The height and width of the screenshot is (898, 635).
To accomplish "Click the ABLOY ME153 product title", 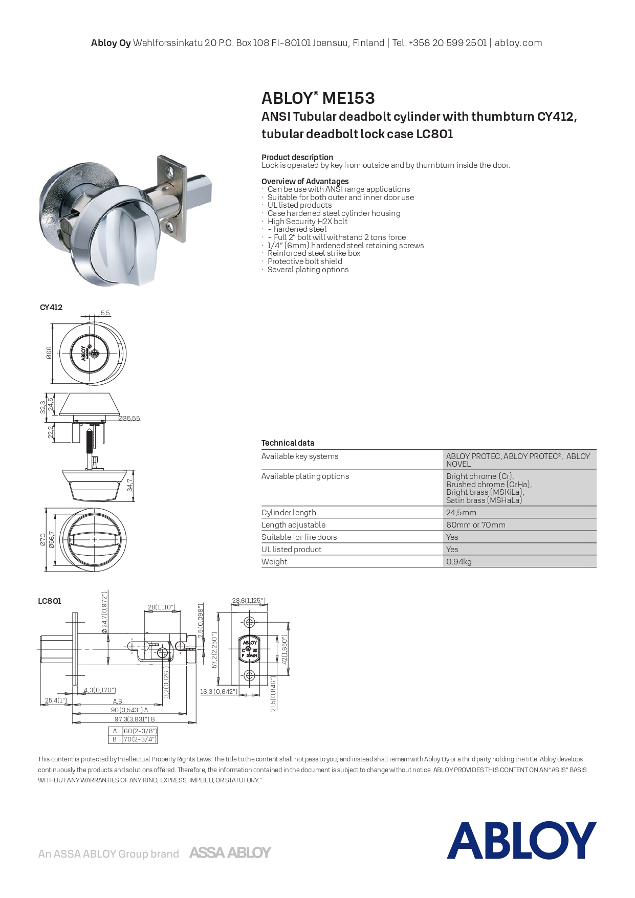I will point(318,98).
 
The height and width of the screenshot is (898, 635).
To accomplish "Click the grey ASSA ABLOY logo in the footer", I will point(230,852).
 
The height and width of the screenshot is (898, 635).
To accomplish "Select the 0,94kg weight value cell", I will point(459,561).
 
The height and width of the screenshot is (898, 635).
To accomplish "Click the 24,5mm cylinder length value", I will point(461,512).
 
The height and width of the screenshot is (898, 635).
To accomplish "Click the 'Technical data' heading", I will point(288,443).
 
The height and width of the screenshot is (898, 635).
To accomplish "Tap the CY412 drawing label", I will point(51,307).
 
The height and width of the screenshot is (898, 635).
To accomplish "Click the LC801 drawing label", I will point(50,601).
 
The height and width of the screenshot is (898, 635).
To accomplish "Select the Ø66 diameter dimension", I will point(49,353).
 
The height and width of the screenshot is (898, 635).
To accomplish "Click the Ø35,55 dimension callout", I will point(129,418).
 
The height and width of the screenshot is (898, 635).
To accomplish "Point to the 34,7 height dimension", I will point(130,485).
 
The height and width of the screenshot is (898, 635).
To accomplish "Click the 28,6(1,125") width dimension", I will point(249,600).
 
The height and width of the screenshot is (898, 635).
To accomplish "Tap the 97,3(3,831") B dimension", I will point(135,719).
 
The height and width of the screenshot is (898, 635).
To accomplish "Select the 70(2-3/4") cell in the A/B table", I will point(140,739).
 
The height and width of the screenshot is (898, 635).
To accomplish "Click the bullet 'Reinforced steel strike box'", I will point(314,253).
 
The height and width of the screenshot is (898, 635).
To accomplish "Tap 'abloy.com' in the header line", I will point(518,43).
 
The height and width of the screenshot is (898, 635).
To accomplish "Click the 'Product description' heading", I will point(297,157).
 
